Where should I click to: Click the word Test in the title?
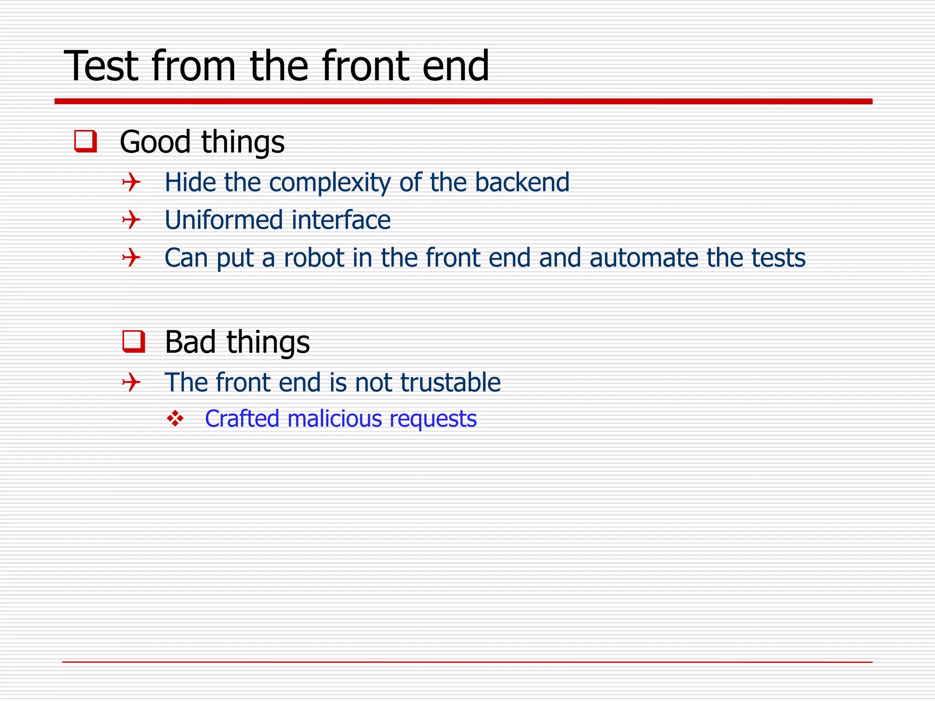click(x=101, y=67)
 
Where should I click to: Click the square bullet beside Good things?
click(x=85, y=141)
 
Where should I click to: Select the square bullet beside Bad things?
click(x=134, y=341)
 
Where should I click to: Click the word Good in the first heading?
click(x=155, y=142)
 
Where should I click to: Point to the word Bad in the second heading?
click(x=190, y=342)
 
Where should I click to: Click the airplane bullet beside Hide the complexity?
click(x=131, y=183)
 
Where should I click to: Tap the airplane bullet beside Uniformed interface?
click(x=131, y=220)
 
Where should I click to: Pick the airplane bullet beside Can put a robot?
click(x=131, y=258)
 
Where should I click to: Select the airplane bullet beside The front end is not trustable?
click(x=131, y=382)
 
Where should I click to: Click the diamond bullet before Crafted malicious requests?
click(x=175, y=419)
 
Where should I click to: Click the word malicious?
click(x=335, y=419)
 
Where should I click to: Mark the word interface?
click(x=341, y=220)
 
